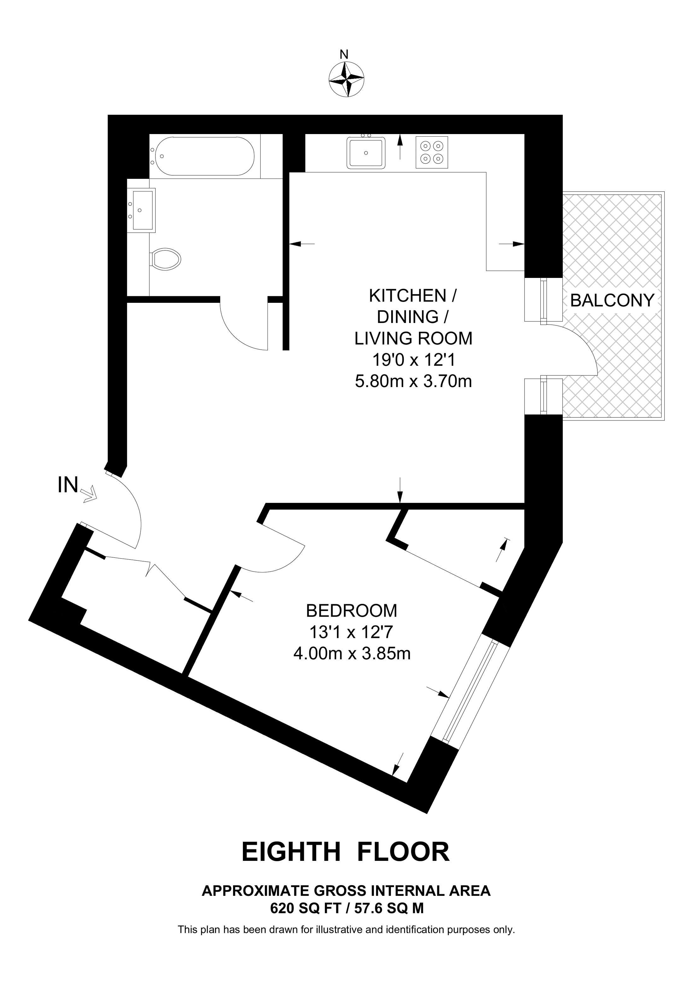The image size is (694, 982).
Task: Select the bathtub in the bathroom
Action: click(x=204, y=156)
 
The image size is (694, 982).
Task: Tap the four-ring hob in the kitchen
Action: click(x=432, y=152)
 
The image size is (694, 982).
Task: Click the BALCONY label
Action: click(x=612, y=301)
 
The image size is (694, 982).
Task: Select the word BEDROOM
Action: click(x=351, y=611)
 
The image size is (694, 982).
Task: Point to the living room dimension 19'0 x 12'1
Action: click(x=414, y=360)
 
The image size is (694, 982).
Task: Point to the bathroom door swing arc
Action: click(x=239, y=334)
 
